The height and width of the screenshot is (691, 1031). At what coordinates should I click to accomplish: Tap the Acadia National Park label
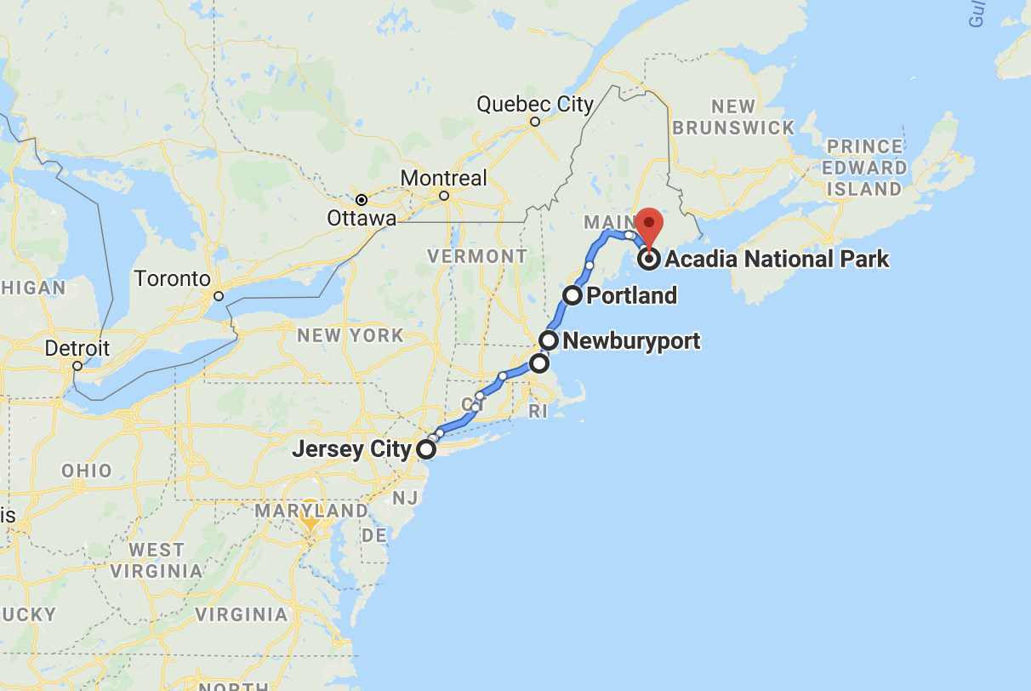(777, 259)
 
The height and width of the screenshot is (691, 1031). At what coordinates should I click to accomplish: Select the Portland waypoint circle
(572, 295)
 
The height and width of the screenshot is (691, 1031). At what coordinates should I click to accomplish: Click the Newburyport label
(631, 341)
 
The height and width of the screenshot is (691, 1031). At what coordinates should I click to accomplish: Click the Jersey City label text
(351, 448)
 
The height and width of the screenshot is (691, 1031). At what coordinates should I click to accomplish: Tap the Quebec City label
(534, 105)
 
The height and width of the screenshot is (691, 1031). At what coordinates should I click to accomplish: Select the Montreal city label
(443, 179)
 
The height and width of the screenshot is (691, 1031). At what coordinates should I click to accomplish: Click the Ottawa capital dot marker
(362, 200)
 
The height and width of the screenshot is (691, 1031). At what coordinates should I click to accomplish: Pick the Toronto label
(172, 278)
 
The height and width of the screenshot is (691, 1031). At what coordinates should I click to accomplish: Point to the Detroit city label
(77, 348)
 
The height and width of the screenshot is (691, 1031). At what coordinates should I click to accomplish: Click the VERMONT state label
(477, 256)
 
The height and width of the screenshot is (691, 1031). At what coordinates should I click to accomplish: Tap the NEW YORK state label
(350, 335)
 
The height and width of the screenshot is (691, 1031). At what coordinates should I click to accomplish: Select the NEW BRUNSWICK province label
(733, 117)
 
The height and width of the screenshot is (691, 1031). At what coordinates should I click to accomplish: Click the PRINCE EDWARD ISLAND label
(863, 168)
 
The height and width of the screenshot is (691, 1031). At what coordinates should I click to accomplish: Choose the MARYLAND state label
(311, 511)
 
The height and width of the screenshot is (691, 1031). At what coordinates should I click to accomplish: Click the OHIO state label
(86, 471)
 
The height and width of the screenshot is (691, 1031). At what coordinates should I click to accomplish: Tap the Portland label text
(631, 296)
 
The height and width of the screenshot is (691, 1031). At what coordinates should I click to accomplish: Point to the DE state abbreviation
(374, 535)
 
